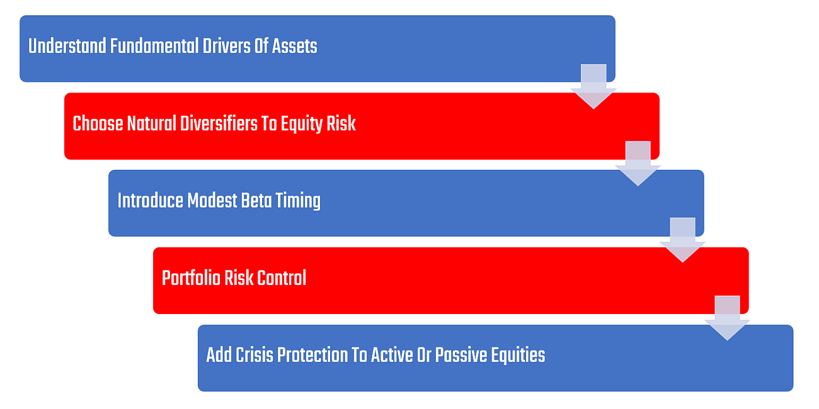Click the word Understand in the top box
[67, 46]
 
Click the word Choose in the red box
[98, 123]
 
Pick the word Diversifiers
[218, 123]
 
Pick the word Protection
[312, 355]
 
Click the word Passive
[461, 355]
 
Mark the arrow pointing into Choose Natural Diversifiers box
[593, 87]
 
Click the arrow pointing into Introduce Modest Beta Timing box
[638, 164]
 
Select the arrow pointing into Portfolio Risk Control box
[683, 240]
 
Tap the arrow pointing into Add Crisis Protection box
[727, 318]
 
